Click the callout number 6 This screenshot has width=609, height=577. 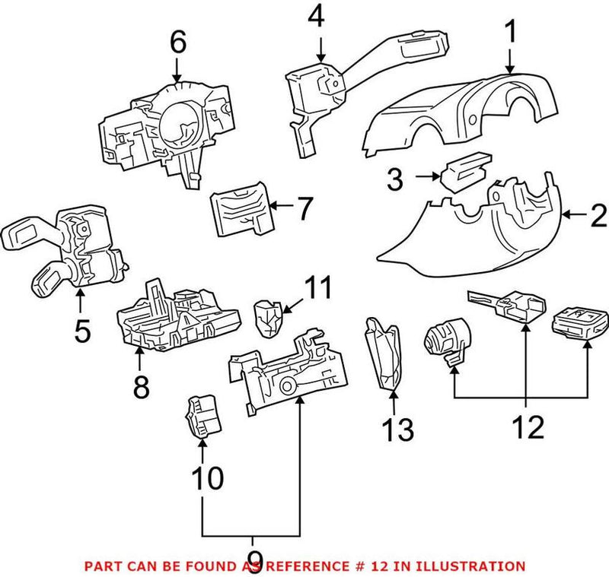click(177, 43)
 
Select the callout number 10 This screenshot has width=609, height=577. click(206, 478)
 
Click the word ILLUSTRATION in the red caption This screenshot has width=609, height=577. click(477, 566)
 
